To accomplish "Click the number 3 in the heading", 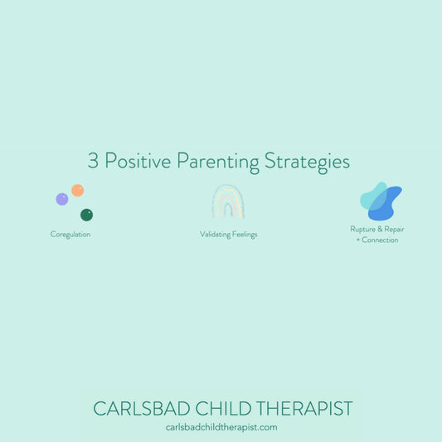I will [93, 161].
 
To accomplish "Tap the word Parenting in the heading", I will [216, 163].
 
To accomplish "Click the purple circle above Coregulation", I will [62, 199].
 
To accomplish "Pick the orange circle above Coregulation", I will [77, 190].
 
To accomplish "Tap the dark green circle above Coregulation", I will [86, 215].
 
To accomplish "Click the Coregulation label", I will [70, 235].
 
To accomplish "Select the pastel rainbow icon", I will [228, 201].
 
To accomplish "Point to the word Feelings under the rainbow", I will [245, 235].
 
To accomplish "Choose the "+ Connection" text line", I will [380, 240].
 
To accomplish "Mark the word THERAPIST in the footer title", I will [304, 409].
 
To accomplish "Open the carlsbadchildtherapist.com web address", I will [221, 428].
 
